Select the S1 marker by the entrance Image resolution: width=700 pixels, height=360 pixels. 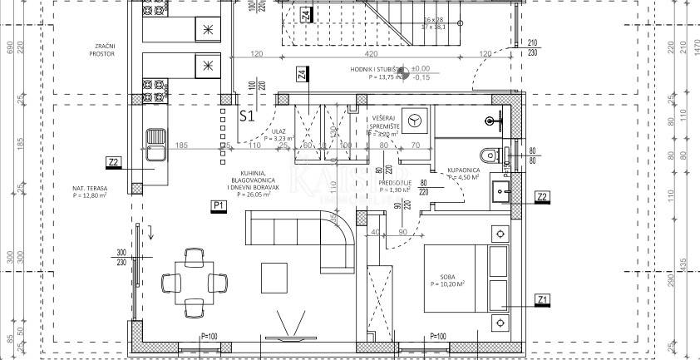[246, 116]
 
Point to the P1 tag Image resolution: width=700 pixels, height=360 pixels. [219, 205]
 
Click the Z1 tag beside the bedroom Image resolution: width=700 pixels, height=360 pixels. [542, 299]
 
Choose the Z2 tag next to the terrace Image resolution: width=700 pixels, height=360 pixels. [114, 161]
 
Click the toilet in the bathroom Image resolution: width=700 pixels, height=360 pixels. [488, 155]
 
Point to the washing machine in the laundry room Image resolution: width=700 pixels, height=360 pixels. [416, 118]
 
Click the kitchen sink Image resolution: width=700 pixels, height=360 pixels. [155, 143]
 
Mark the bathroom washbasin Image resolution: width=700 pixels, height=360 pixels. [501, 192]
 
